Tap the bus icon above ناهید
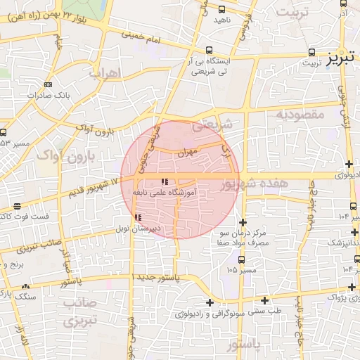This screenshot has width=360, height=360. (x=222, y=11)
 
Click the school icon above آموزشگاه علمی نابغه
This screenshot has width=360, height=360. (x=165, y=183)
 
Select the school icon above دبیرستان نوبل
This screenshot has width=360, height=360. (x=138, y=217)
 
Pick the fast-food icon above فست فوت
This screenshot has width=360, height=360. (x=17, y=206)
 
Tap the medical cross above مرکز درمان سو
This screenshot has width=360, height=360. (x=243, y=223)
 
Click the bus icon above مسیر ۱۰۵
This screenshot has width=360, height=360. (x=243, y=259)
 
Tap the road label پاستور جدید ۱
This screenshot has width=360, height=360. (x=153, y=278)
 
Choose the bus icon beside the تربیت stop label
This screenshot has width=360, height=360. (x=311, y=52)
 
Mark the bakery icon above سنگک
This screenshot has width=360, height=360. (x=26, y=287)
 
